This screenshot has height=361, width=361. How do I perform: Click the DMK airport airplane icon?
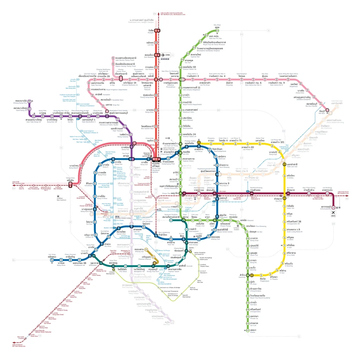point(163,55)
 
